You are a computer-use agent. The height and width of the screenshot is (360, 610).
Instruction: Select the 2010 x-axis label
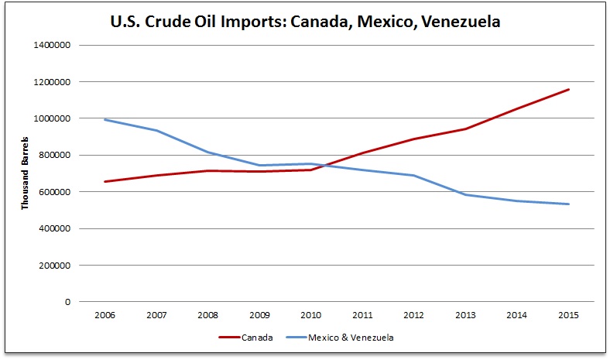click(x=310, y=315)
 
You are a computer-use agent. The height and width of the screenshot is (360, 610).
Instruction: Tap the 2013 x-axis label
click(x=465, y=315)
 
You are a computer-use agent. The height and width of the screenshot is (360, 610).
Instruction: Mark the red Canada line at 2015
click(x=569, y=89)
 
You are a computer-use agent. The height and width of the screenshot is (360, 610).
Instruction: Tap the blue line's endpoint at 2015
click(x=569, y=204)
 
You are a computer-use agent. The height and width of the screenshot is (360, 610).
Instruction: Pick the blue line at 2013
click(x=465, y=194)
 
